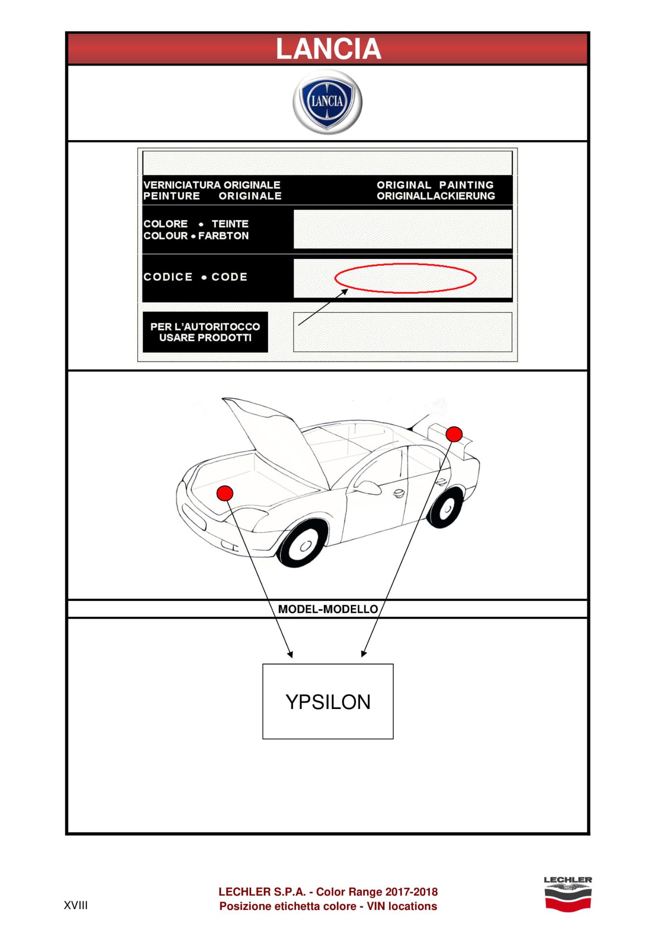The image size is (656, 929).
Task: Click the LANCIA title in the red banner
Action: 328,49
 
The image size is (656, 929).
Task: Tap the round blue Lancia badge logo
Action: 327,102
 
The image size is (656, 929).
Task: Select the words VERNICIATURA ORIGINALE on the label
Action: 212,185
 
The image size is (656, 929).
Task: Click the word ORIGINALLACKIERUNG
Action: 436,196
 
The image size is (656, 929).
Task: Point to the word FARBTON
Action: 224,236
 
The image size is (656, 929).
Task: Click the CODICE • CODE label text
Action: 195,277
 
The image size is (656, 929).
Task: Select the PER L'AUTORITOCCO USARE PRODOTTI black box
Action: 205,332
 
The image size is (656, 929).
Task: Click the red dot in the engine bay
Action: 225,493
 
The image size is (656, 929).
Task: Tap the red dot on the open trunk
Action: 454,434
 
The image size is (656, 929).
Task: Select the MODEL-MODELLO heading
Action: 328,609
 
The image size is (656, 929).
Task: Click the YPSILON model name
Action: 328,702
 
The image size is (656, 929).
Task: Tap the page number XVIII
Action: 76,906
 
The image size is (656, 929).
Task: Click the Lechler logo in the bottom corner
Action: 568,894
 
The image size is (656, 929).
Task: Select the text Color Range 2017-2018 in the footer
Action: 377,892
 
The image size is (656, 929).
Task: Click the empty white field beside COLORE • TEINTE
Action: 403,229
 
